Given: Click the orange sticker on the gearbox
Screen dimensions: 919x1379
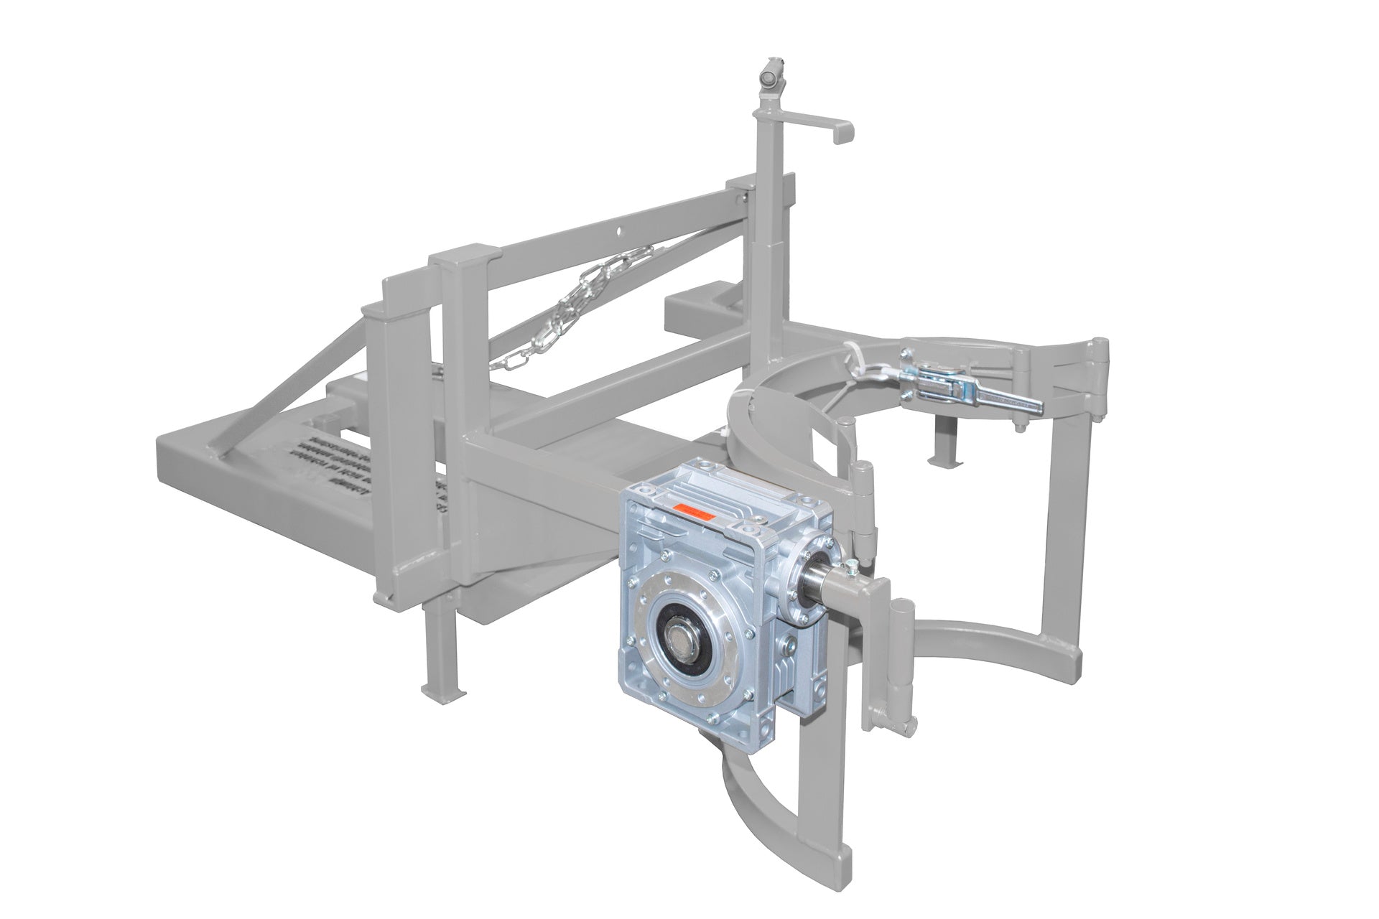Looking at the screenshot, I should point(692,512).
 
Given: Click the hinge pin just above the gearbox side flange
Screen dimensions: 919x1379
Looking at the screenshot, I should point(862,503).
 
